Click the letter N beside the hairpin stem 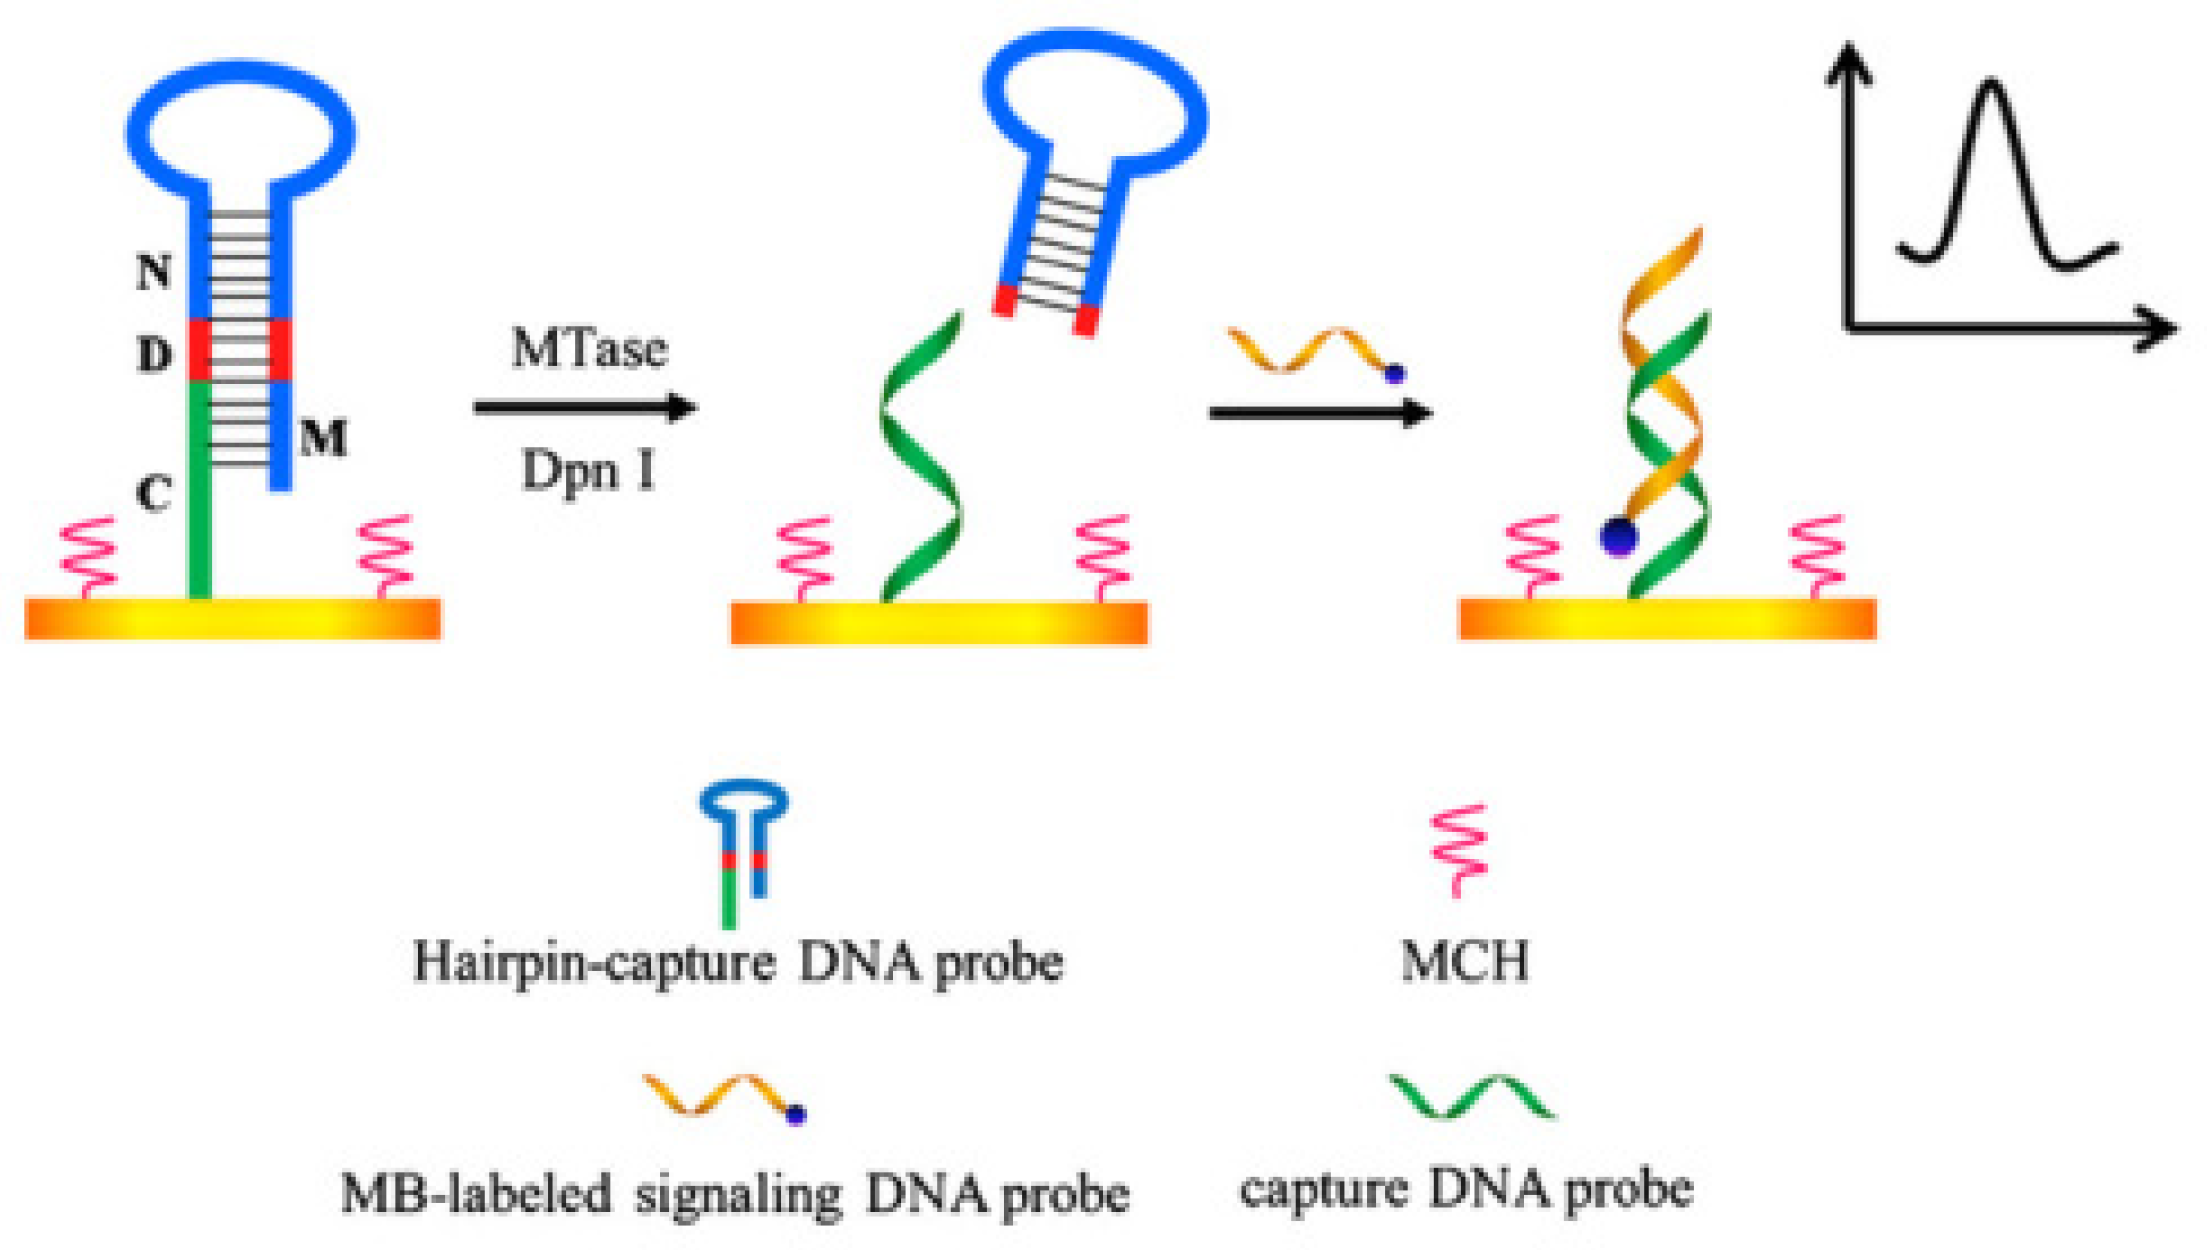154,270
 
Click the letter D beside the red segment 154,354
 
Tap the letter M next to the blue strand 324,437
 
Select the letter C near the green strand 154,492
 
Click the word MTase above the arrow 588,349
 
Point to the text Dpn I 588,470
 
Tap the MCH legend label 1464,961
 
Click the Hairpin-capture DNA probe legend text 738,962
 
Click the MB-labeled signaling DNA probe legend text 734,1195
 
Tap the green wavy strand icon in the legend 1471,1096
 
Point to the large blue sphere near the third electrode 1619,537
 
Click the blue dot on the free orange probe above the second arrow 1395,374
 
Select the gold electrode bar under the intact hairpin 233,619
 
